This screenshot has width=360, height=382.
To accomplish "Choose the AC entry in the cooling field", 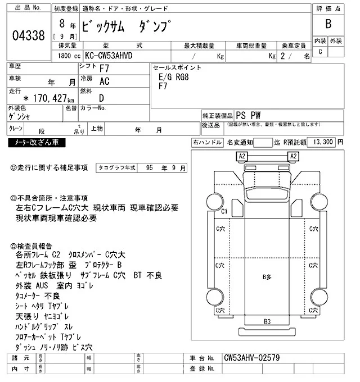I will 104,81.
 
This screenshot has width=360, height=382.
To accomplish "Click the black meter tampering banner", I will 37,142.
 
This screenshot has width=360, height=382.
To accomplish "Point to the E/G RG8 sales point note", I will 174,78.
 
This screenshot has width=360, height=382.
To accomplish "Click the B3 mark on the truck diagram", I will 267,321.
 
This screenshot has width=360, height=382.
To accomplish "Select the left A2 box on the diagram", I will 242,156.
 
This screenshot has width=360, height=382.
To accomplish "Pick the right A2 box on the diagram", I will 293,156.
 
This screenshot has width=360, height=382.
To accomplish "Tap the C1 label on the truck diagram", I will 223,211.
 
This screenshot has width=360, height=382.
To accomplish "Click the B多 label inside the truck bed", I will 267,276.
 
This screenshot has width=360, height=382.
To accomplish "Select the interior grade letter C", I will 321,52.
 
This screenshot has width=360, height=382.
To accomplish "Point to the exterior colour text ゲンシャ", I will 20,116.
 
